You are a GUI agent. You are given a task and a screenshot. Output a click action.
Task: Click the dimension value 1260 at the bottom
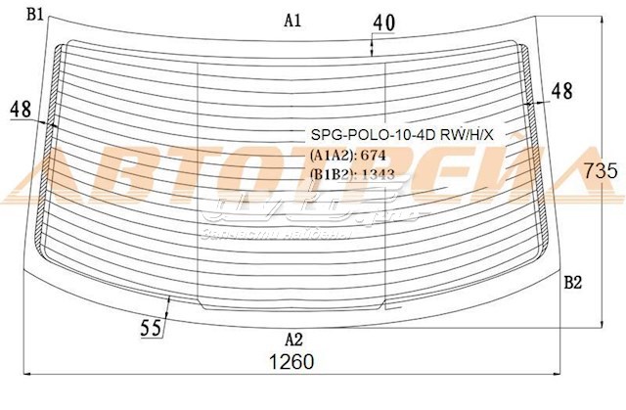(x=291, y=361)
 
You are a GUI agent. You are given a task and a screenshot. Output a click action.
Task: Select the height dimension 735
(x=600, y=169)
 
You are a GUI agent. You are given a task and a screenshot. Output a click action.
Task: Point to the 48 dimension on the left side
(x=22, y=111)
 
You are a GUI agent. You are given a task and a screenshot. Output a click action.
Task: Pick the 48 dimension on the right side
(x=561, y=91)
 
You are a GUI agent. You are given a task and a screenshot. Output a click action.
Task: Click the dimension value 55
(x=151, y=329)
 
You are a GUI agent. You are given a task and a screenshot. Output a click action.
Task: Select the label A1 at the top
(x=292, y=20)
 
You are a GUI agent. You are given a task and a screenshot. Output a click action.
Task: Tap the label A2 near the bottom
(x=292, y=340)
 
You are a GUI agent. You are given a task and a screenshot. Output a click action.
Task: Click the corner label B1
(x=35, y=13)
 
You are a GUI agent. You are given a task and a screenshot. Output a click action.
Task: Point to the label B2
(x=573, y=283)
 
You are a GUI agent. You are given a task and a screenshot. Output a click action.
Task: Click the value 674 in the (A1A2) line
(x=375, y=155)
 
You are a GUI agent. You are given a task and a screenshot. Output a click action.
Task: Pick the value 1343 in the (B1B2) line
(x=379, y=174)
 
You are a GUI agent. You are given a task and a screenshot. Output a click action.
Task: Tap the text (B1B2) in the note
(x=332, y=174)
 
